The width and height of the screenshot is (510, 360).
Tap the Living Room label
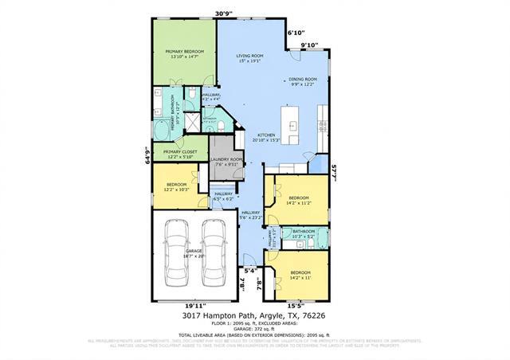(249, 58)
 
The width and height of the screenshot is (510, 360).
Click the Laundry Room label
(226, 162)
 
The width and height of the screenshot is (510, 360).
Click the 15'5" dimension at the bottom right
(295, 305)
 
